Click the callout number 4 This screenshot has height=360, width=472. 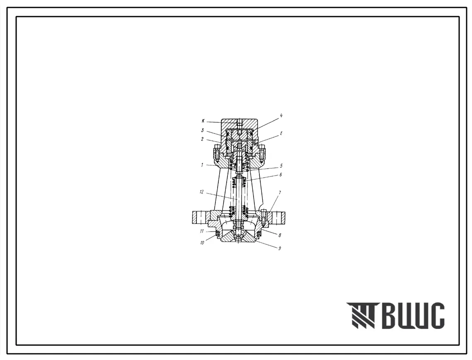[x=281, y=116]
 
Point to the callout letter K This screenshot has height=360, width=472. [x=203, y=121]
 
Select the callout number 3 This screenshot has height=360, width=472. [x=203, y=130]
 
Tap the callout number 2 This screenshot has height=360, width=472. [x=203, y=139]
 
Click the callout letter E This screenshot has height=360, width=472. [x=281, y=133]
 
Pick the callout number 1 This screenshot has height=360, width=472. [x=203, y=165]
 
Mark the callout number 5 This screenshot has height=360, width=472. [x=281, y=166]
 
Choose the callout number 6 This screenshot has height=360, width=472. [x=281, y=174]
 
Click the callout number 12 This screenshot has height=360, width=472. [x=201, y=192]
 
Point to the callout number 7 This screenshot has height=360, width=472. [x=280, y=192]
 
